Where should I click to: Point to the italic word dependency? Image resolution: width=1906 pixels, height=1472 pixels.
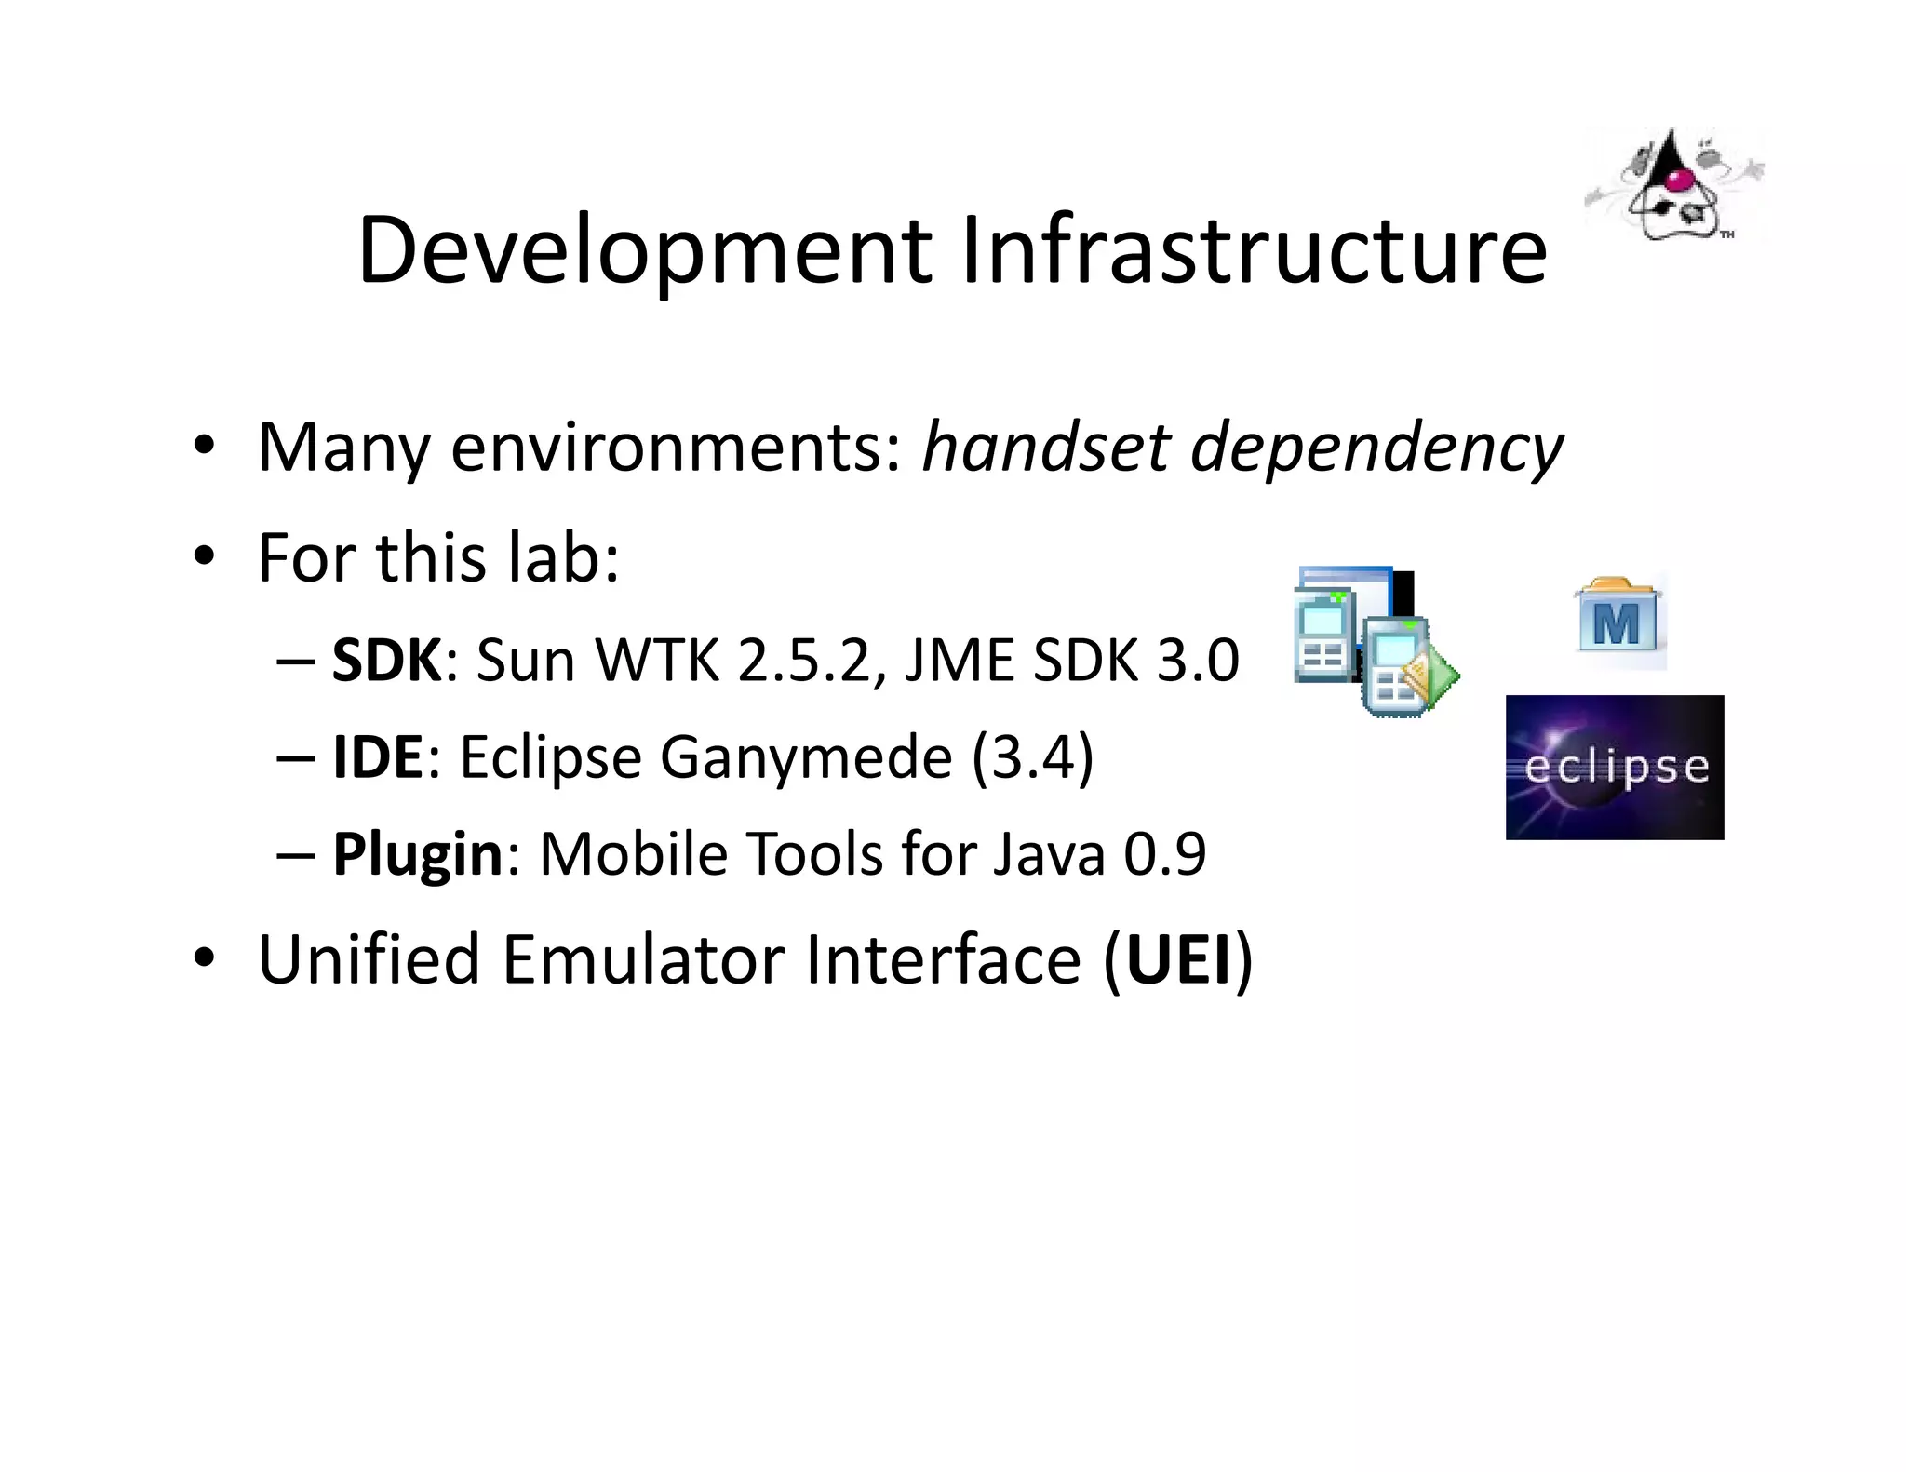click(1377, 449)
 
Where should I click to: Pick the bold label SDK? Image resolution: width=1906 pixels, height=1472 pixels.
click(386, 661)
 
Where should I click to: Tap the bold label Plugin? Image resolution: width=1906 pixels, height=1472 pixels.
click(417, 853)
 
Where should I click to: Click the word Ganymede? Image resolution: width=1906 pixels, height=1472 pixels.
click(806, 758)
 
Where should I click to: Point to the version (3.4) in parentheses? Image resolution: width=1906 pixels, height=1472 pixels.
click(1033, 757)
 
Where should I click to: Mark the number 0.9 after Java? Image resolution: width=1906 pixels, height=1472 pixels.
click(1164, 853)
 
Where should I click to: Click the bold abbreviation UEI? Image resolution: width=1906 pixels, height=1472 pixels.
click(1178, 959)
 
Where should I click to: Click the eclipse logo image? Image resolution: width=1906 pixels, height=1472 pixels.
click(1614, 767)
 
